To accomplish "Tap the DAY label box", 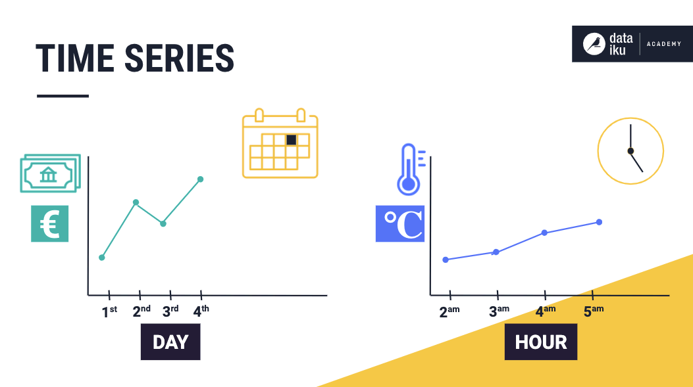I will pyautogui.click(x=170, y=342).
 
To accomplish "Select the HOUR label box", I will pyautogui.click(x=540, y=342).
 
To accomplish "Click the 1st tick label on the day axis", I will pyautogui.click(x=109, y=311).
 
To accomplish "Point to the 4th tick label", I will pyautogui.click(x=201, y=311).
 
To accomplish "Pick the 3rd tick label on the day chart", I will pyautogui.click(x=170, y=311).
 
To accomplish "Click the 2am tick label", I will pyautogui.click(x=449, y=311).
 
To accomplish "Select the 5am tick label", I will pyautogui.click(x=593, y=311).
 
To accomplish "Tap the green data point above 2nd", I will pyautogui.click(x=136, y=202).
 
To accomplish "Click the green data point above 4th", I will pyautogui.click(x=200, y=179).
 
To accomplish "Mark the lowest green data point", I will pyautogui.click(x=102, y=257).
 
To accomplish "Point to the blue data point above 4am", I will pyautogui.click(x=544, y=233).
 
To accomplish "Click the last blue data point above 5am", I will pyautogui.click(x=600, y=222).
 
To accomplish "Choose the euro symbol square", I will pyautogui.click(x=49, y=223).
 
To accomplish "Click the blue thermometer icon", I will pyautogui.click(x=409, y=170).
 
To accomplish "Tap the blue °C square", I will pyautogui.click(x=399, y=223).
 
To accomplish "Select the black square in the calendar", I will pyautogui.click(x=291, y=139).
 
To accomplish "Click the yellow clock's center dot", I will pyautogui.click(x=630, y=151).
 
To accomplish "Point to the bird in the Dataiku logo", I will pyautogui.click(x=595, y=44).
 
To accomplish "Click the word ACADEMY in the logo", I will pyautogui.click(x=663, y=44).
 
